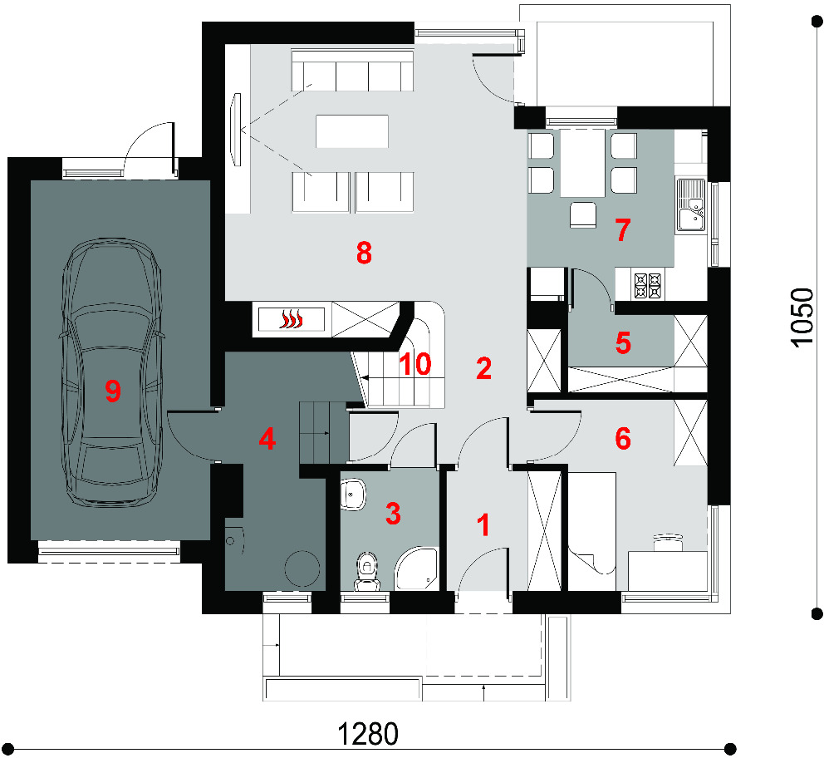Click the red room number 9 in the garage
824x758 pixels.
click(113, 391)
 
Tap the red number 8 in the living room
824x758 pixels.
click(364, 253)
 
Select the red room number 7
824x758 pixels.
click(623, 229)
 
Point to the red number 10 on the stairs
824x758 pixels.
click(415, 364)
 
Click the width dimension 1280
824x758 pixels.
click(367, 734)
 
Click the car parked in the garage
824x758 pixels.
click(112, 372)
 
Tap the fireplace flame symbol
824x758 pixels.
click(292, 319)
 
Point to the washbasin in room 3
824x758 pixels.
click(353, 495)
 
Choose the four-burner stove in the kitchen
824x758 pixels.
click(648, 285)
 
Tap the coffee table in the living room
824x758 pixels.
click(352, 130)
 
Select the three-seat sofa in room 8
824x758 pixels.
click(352, 70)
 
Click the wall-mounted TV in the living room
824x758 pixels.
click(237, 130)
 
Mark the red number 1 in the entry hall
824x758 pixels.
click(483, 525)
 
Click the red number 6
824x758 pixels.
click(623, 438)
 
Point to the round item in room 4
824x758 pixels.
click(302, 568)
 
